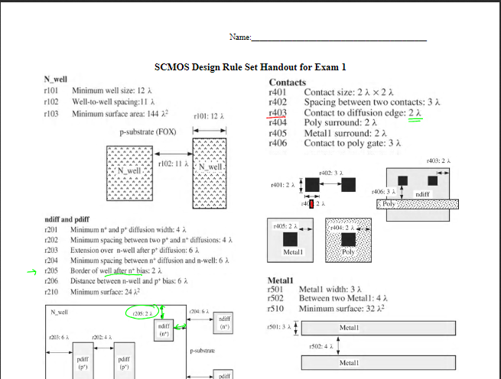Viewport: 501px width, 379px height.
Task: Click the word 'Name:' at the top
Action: click(x=240, y=37)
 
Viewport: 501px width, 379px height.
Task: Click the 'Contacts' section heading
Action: click(x=287, y=83)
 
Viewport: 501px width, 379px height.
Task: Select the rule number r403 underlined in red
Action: click(x=277, y=112)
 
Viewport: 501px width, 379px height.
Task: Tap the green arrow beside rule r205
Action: click(x=32, y=270)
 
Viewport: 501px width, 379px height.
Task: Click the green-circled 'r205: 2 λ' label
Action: click(x=143, y=313)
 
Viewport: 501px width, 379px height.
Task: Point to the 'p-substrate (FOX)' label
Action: click(x=148, y=131)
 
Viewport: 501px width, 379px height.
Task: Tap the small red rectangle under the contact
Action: click(x=311, y=203)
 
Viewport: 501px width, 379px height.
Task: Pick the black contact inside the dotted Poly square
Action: click(x=348, y=237)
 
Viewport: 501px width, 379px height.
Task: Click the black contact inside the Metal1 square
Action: click(x=294, y=238)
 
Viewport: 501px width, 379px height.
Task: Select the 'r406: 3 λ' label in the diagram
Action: click(x=382, y=191)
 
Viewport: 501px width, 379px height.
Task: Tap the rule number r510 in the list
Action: click(x=276, y=310)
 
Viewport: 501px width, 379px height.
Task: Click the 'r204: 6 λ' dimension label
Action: click(x=199, y=312)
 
